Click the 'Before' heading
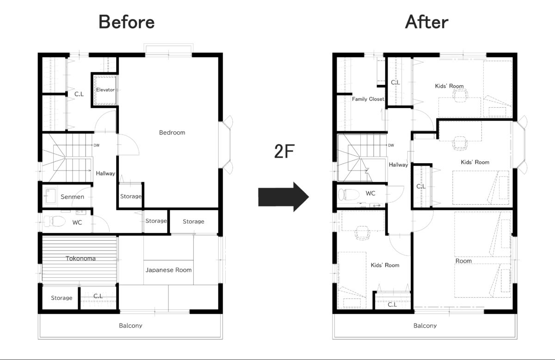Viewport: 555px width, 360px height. (x=127, y=22)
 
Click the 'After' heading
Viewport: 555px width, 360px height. (x=426, y=22)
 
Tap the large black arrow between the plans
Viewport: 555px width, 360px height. (x=284, y=197)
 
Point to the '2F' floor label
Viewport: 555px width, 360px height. (x=284, y=151)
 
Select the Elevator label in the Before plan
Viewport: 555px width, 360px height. (x=105, y=90)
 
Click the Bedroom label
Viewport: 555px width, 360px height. (x=172, y=133)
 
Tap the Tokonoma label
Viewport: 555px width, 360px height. (x=80, y=258)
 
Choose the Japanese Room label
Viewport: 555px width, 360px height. (x=168, y=270)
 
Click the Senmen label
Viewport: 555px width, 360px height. (x=72, y=197)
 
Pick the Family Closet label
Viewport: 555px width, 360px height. (x=368, y=99)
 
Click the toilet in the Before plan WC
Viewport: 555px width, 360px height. (x=54, y=221)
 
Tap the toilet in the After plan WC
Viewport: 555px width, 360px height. (x=349, y=195)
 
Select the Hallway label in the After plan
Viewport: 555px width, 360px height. (x=398, y=165)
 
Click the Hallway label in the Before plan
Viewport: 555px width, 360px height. (x=105, y=173)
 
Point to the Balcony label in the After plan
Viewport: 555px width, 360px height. (x=425, y=326)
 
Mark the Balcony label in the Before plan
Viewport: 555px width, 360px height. (x=130, y=326)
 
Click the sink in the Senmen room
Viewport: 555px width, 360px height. (x=51, y=196)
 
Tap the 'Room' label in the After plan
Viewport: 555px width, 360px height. (x=463, y=261)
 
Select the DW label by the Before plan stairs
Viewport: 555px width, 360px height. (x=96, y=145)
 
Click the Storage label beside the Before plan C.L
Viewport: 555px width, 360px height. (x=62, y=298)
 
